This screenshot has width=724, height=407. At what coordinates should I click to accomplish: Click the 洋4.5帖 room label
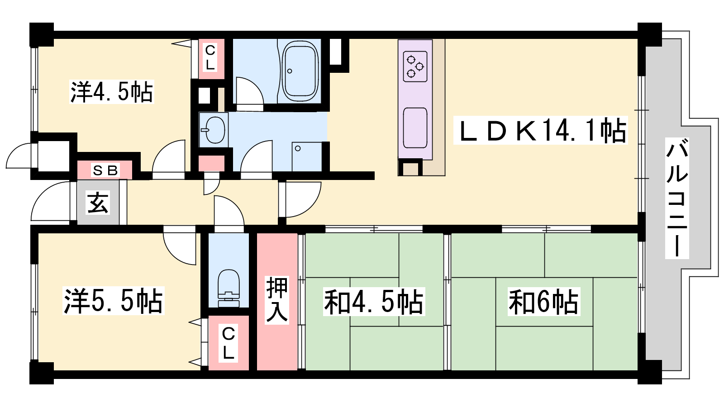111,92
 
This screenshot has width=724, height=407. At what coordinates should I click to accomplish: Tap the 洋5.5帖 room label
114,301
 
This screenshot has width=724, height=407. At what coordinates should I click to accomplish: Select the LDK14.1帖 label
540,130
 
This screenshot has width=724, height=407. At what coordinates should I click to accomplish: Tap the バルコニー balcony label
677,198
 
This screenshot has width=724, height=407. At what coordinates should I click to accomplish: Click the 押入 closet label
277,300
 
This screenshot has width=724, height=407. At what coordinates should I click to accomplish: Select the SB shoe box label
105,170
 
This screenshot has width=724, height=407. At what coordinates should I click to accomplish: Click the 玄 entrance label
98,203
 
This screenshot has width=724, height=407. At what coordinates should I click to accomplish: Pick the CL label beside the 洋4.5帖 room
210,58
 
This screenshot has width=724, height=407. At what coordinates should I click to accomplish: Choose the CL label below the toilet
228,343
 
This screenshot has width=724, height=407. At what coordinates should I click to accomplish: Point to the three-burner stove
415,66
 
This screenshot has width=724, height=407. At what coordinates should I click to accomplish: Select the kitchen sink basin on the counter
415,128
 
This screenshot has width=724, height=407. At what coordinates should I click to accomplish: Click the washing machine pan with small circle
307,156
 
